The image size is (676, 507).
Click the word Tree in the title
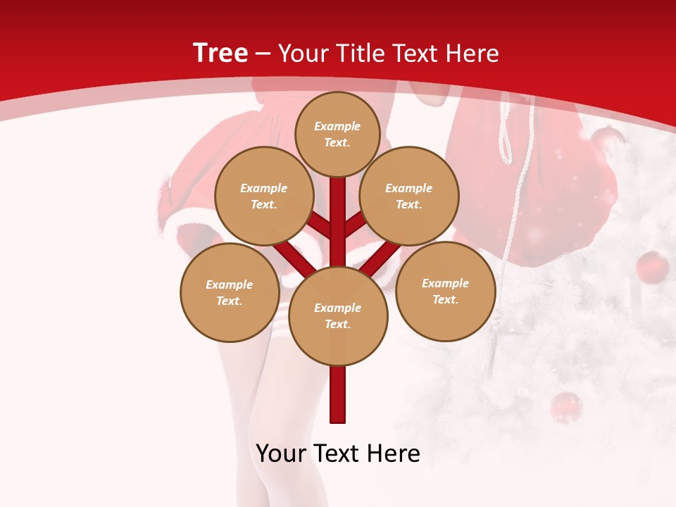220,53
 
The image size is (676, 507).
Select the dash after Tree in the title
263,54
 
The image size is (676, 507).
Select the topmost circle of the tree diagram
337,134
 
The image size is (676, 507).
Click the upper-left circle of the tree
264,196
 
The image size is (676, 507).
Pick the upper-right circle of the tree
409,196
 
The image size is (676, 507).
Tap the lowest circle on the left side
230,292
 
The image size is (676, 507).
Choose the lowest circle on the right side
445,291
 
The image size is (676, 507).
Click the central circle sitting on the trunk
338,315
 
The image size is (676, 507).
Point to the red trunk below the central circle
338,394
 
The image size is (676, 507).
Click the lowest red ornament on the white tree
565,406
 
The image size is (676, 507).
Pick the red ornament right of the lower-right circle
652,267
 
